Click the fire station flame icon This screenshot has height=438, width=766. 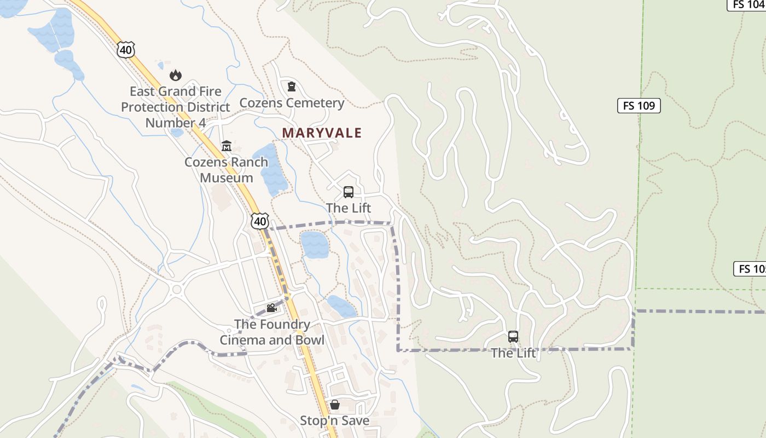click(x=175, y=75)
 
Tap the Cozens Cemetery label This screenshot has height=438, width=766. click(x=292, y=103)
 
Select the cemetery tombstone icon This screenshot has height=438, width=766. click(x=292, y=86)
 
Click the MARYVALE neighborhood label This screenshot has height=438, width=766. click(x=322, y=133)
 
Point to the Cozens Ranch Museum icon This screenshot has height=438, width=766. click(x=226, y=146)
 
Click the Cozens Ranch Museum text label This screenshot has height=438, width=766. click(x=226, y=170)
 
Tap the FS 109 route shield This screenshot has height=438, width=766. click(x=639, y=106)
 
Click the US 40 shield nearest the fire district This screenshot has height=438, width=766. click(x=125, y=50)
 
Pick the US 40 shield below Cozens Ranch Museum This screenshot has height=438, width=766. click(x=260, y=221)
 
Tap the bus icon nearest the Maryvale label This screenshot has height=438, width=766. click(x=348, y=192)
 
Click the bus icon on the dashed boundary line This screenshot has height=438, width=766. click(x=513, y=337)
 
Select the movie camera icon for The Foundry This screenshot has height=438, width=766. click(x=271, y=308)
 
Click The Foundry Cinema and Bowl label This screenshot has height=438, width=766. click(x=272, y=332)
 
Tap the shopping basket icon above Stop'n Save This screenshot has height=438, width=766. click(x=334, y=405)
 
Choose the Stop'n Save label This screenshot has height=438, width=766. click(x=334, y=420)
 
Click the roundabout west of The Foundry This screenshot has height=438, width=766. click(x=177, y=289)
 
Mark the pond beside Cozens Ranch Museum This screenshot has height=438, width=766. click(x=271, y=170)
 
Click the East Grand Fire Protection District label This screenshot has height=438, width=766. click(x=175, y=107)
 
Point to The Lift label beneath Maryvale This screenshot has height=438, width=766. click(x=348, y=208)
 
